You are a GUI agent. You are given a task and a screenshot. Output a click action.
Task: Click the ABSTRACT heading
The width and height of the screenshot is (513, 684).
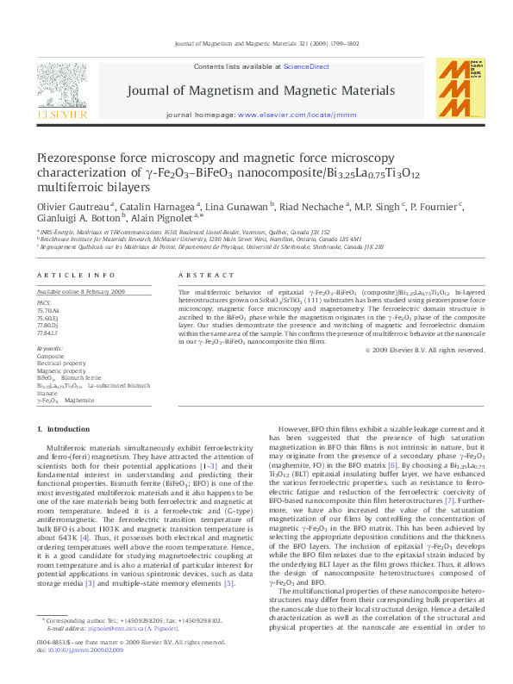click(x=206, y=275)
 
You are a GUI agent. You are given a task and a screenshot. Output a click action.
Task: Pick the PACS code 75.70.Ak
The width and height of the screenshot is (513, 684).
click(x=50, y=309)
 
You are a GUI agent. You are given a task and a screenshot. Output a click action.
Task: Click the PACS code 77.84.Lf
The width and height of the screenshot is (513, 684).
click(x=49, y=332)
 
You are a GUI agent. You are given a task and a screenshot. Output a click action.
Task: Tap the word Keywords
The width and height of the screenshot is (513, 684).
click(x=50, y=348)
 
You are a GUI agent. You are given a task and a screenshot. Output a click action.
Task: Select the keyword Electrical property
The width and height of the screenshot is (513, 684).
click(x=61, y=363)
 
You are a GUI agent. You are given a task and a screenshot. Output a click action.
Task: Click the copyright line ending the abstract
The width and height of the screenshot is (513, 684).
click(x=426, y=351)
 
